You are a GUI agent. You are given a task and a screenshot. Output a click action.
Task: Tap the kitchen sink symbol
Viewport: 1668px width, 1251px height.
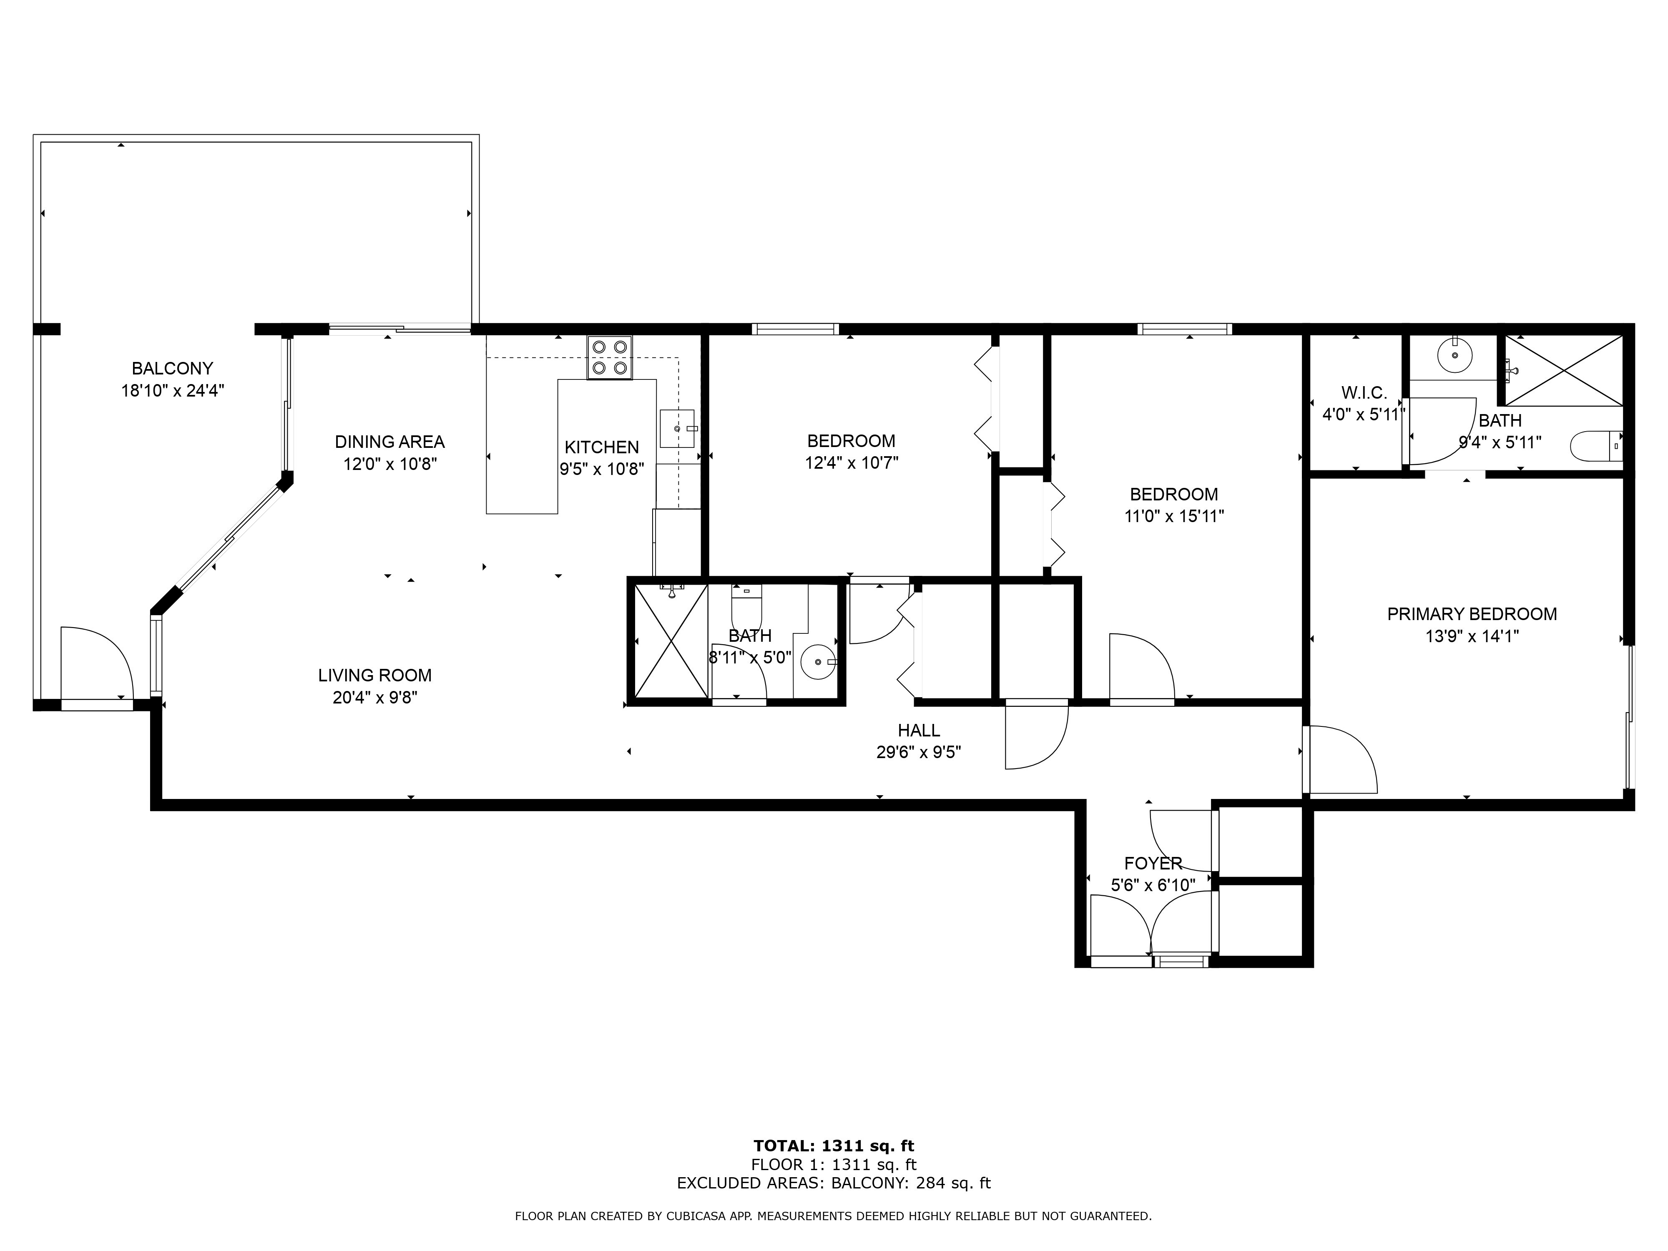(677, 428)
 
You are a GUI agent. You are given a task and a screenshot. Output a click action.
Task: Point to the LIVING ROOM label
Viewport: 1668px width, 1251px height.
(375, 676)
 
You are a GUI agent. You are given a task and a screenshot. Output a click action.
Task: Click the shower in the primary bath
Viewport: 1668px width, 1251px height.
(1564, 370)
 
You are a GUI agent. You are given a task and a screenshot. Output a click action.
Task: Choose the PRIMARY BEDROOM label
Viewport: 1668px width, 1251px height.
(1472, 614)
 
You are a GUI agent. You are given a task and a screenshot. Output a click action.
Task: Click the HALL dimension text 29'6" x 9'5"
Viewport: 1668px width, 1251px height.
(919, 753)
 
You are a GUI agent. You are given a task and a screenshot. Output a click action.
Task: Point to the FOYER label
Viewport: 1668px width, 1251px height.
(1153, 864)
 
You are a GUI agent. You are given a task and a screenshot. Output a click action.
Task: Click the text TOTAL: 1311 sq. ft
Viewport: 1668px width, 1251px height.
(834, 1147)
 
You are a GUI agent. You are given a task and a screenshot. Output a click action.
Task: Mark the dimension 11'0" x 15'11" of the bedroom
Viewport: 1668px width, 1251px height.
(1174, 517)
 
